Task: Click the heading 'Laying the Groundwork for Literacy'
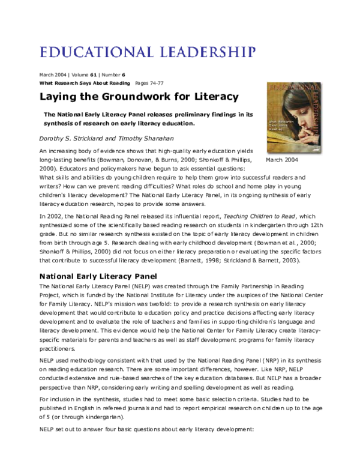pos(139,97)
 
